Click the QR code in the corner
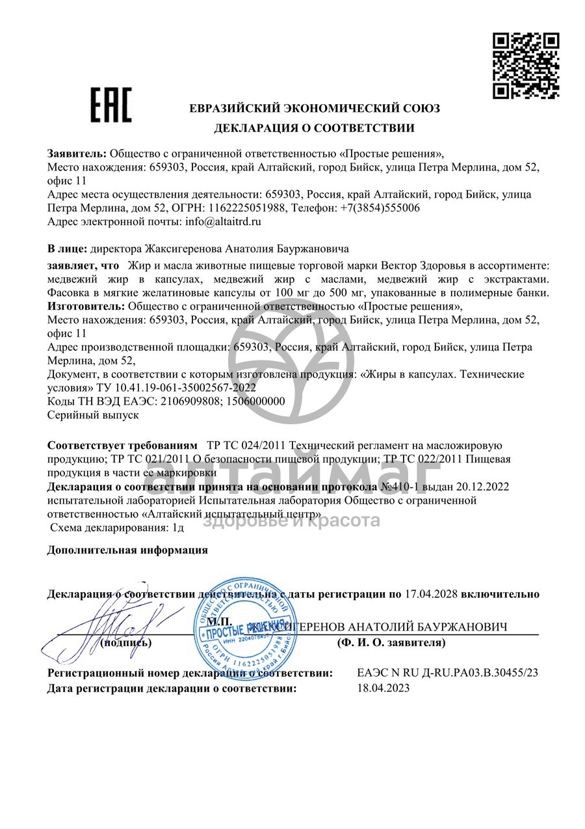click(525, 66)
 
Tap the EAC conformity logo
click(110, 105)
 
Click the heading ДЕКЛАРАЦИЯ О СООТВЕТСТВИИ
click(315, 128)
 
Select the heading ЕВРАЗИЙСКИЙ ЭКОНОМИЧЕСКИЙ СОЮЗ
click(315, 109)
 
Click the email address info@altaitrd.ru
click(223, 222)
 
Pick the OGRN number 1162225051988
click(246, 208)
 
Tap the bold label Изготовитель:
click(87, 306)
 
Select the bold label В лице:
click(67, 249)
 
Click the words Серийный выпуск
click(93, 414)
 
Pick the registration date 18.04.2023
click(383, 688)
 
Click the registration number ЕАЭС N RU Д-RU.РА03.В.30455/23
click(448, 673)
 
